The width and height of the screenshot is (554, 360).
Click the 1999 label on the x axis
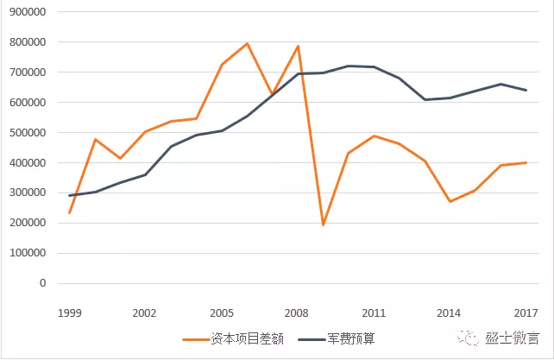(69, 313)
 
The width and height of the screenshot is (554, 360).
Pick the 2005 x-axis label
(222, 313)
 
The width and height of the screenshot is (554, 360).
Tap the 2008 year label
(298, 313)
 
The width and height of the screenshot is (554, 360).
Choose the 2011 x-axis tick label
(374, 313)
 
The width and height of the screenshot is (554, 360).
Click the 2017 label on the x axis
(526, 313)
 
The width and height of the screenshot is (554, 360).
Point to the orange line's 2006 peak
(248, 43)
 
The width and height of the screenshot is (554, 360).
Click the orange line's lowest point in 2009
(324, 225)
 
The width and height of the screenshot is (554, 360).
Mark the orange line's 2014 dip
(450, 201)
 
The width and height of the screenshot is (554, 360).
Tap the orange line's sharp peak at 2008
(299, 46)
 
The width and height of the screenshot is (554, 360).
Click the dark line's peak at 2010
(349, 66)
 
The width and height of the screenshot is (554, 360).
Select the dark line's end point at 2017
(526, 90)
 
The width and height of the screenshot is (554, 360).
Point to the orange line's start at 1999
(70, 212)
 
